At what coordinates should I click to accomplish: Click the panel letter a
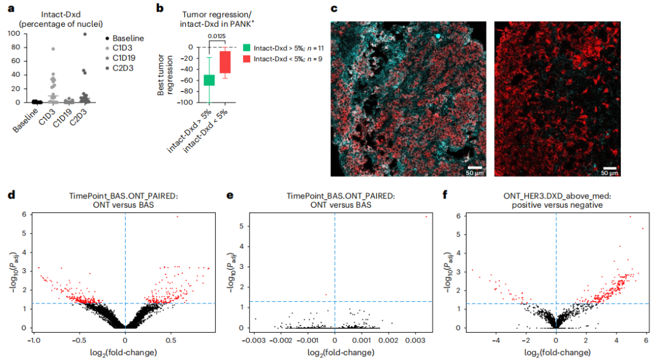pyautogui.click(x=12, y=8)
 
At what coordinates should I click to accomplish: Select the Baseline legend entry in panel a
pyautogui.click(x=125, y=38)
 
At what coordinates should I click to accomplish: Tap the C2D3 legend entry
pyautogui.click(x=119, y=68)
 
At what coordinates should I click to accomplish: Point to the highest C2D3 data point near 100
pyautogui.click(x=85, y=34)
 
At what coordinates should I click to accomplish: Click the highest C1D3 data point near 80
pyautogui.click(x=53, y=49)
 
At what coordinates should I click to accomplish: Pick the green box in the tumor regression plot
pyautogui.click(x=209, y=80)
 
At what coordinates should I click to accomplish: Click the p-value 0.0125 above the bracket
pyautogui.click(x=217, y=36)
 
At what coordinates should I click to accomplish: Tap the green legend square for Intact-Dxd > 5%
pyautogui.click(x=247, y=48)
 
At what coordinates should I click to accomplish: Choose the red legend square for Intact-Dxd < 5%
pyautogui.click(x=247, y=59)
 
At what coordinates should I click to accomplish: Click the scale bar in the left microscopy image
pyautogui.click(x=474, y=168)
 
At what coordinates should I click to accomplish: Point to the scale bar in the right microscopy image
pyautogui.click(x=610, y=168)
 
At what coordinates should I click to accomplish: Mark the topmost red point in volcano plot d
pyautogui.click(x=177, y=217)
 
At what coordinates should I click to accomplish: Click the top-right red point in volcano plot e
pyautogui.click(x=426, y=217)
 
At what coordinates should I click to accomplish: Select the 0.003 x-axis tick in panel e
pyautogui.click(x=415, y=341)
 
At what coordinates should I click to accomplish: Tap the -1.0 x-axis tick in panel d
pyautogui.click(x=34, y=341)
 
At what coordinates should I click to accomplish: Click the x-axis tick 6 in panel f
pyautogui.click(x=646, y=341)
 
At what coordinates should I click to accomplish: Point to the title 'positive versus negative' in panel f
pyautogui.click(x=557, y=205)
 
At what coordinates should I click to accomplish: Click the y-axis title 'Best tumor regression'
pyautogui.click(x=165, y=75)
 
